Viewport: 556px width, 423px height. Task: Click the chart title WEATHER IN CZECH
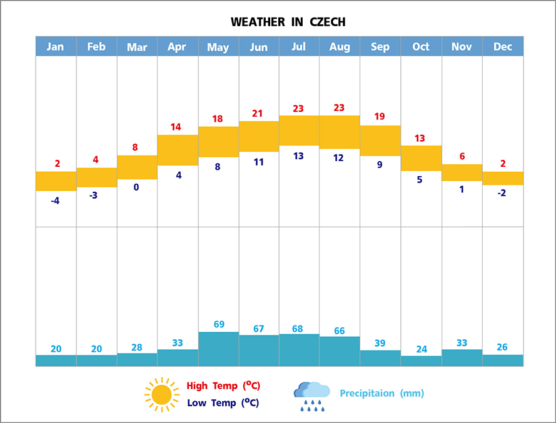[x=288, y=22]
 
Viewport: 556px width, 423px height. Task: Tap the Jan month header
[x=56, y=47]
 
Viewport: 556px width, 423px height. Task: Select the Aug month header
[x=340, y=47]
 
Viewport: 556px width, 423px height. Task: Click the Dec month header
[x=503, y=47]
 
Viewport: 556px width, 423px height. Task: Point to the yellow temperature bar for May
[x=218, y=142]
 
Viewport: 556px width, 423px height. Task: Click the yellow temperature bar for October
[x=421, y=158]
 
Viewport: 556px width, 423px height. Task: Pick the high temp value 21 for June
[x=258, y=113]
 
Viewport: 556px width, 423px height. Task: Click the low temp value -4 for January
[x=55, y=201]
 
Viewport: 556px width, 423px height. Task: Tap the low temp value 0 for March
[x=136, y=186]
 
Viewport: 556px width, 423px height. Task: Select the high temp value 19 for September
[x=380, y=116]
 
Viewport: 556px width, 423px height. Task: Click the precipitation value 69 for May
[x=219, y=324]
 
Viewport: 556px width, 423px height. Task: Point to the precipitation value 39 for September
[x=380, y=343]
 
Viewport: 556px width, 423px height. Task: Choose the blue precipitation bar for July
[x=299, y=350]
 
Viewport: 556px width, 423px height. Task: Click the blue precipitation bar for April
[x=178, y=357]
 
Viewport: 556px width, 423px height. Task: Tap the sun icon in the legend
[x=161, y=394]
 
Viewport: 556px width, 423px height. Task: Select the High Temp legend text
[x=223, y=386]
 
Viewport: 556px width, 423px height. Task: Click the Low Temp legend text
[x=223, y=403]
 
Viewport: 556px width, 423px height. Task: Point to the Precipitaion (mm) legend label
[x=382, y=393]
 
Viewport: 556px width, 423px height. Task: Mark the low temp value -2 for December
[x=502, y=192]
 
